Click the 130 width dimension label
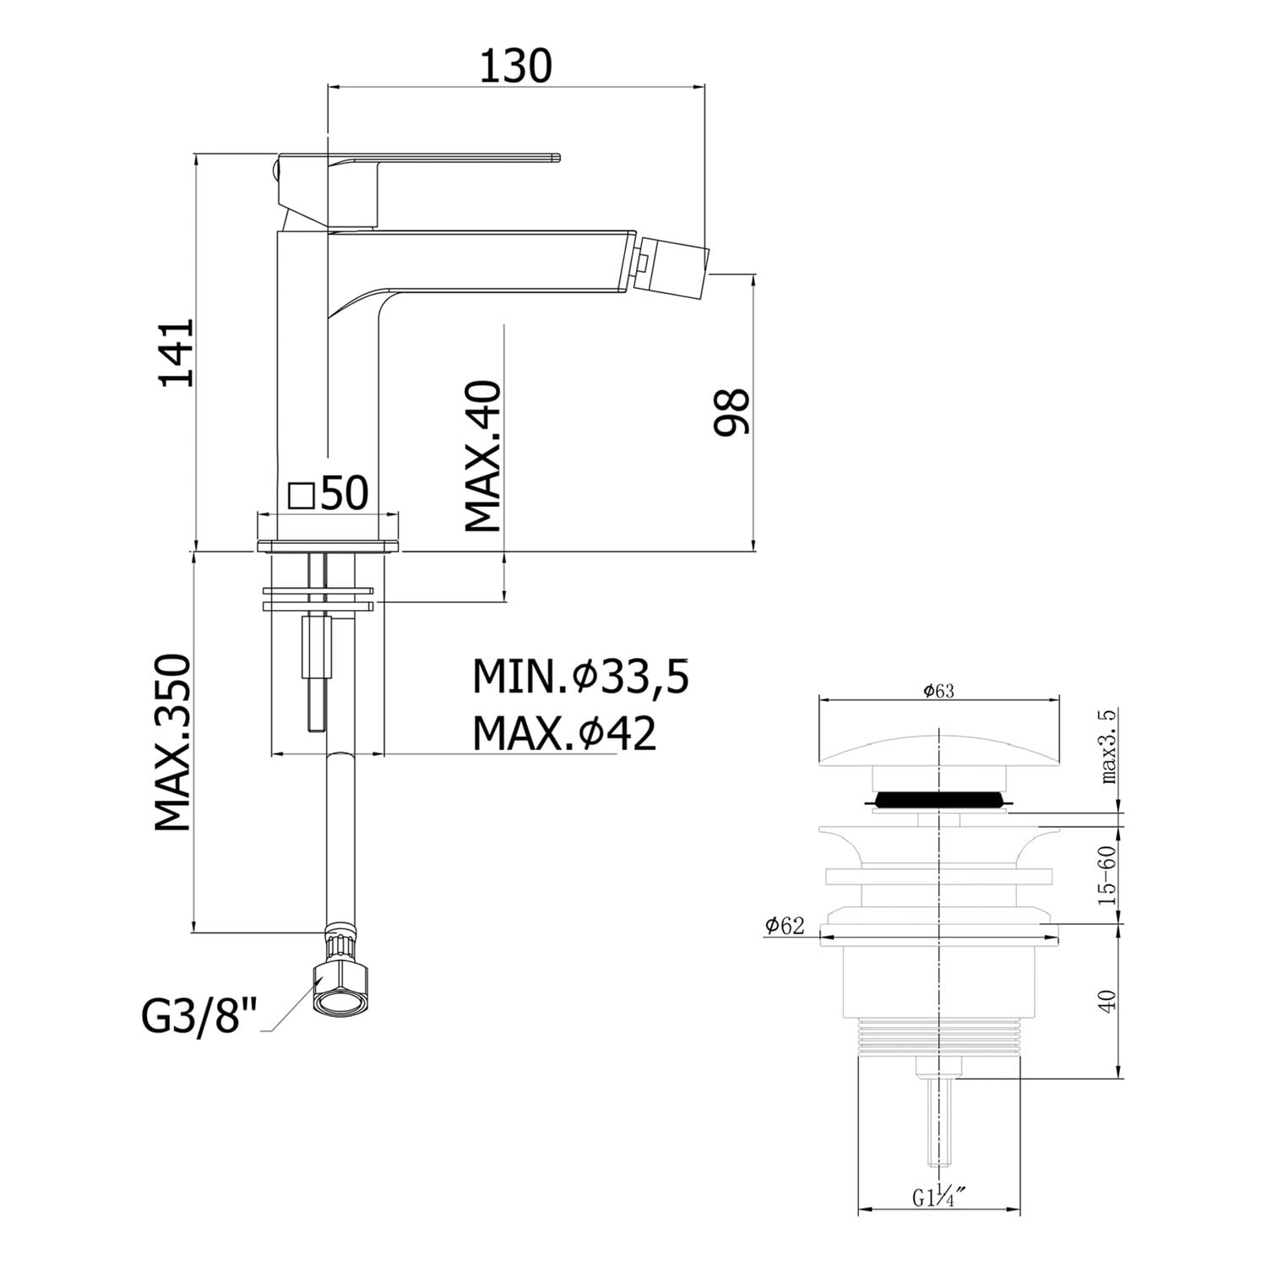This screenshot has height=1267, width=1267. (x=515, y=65)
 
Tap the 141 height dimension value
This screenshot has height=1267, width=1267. (x=178, y=352)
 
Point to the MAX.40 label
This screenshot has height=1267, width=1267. (x=483, y=456)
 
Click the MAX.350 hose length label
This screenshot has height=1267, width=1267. (x=173, y=742)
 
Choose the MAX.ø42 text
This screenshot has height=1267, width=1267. (x=564, y=732)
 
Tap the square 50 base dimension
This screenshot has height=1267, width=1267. (x=329, y=492)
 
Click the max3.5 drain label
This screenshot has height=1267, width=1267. (x=1109, y=746)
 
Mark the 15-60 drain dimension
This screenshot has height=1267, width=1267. (x=1109, y=875)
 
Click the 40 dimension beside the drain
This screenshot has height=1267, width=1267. (x=1109, y=1000)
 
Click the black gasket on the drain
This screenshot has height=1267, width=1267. (x=938, y=798)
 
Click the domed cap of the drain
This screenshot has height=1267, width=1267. (x=938, y=750)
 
